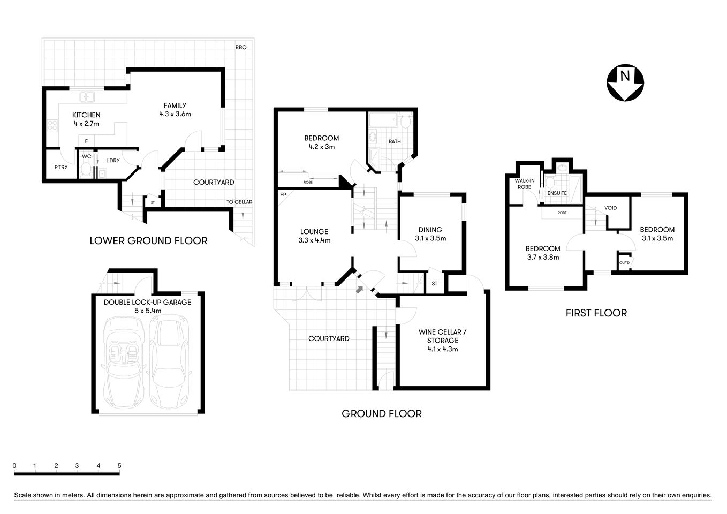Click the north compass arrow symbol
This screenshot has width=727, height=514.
[625, 82]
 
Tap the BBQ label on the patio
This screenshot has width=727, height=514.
[240, 47]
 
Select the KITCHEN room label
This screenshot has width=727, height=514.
[86, 115]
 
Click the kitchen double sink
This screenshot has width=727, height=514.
[87, 97]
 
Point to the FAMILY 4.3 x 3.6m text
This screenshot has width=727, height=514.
[175, 110]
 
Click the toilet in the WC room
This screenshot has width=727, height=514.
[86, 171]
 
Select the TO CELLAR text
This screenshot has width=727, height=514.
[239, 202]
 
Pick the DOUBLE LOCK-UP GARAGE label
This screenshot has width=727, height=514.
[147, 302]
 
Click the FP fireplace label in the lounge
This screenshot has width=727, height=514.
[283, 194]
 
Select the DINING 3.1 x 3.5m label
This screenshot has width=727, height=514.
[430, 234]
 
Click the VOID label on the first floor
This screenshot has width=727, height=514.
[610, 208]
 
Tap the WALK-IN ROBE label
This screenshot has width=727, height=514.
[524, 184]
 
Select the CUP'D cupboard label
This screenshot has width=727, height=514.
[624, 262]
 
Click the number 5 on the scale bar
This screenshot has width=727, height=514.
[119, 465]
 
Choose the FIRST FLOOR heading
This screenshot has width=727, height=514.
[596, 313]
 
